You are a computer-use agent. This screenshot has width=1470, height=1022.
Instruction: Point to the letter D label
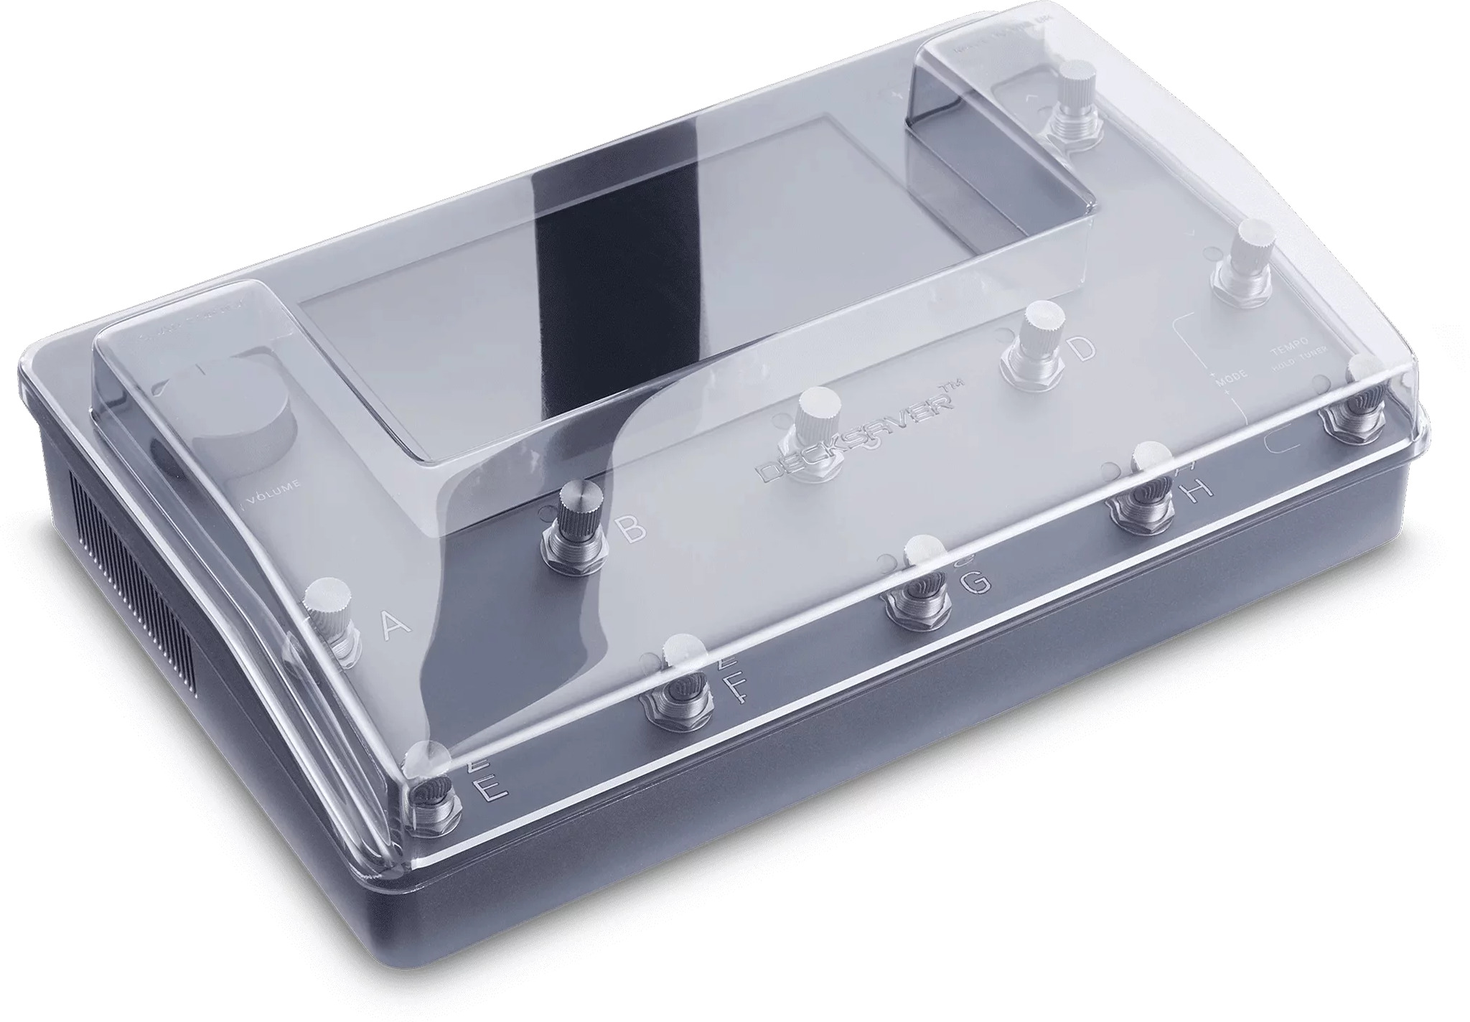point(1082,349)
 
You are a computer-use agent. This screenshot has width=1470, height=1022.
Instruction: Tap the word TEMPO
point(1288,343)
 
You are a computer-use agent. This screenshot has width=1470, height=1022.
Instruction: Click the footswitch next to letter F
point(682,683)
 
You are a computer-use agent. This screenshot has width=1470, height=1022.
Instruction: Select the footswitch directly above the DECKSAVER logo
point(815,431)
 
